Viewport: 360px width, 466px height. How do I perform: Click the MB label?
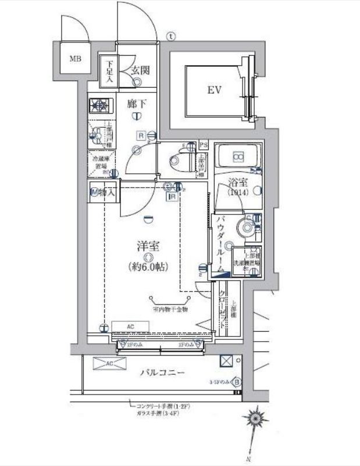point(76,58)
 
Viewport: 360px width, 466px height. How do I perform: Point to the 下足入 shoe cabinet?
point(109,69)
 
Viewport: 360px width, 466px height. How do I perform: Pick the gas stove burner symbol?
point(99,106)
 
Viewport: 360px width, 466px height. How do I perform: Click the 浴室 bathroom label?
point(237,181)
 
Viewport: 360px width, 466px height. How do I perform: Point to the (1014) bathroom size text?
point(237,192)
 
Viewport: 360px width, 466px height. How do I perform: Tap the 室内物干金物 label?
point(170,310)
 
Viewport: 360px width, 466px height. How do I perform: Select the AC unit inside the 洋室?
point(130,327)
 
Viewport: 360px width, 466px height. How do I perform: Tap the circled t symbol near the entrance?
point(170,35)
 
